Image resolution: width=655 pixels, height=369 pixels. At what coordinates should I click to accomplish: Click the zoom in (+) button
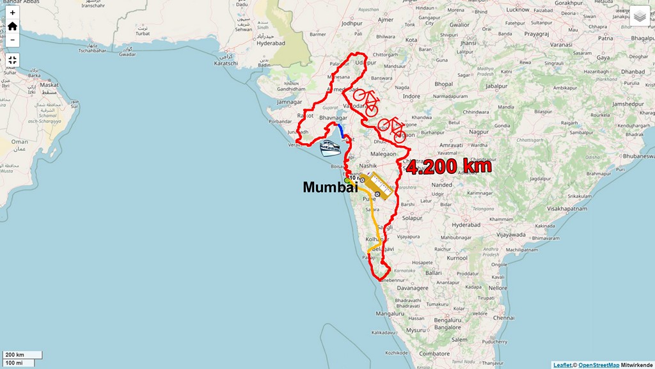point(12,13)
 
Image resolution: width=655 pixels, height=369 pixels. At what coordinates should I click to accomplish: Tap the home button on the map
point(12,26)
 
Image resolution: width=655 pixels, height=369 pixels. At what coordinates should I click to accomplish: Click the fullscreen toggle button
point(12,60)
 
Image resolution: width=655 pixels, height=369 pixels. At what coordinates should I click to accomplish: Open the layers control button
point(640,16)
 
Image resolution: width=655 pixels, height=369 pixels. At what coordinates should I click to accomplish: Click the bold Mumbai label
point(329,187)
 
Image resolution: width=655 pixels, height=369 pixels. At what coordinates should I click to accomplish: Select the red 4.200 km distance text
point(449,167)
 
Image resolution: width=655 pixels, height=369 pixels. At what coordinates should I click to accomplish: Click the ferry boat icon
point(330,148)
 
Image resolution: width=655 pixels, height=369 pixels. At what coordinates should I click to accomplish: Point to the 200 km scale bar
point(22,354)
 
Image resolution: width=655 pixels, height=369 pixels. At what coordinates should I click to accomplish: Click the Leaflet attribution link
point(562,365)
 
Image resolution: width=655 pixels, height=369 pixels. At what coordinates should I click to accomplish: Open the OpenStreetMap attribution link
point(599,365)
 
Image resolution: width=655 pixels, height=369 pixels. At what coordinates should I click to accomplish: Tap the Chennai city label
point(503,318)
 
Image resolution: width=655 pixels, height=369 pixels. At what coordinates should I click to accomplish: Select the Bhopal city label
point(443,84)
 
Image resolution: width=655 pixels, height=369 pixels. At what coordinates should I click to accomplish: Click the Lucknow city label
point(517,10)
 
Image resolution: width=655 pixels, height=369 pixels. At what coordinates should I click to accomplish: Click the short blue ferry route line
point(341,132)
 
